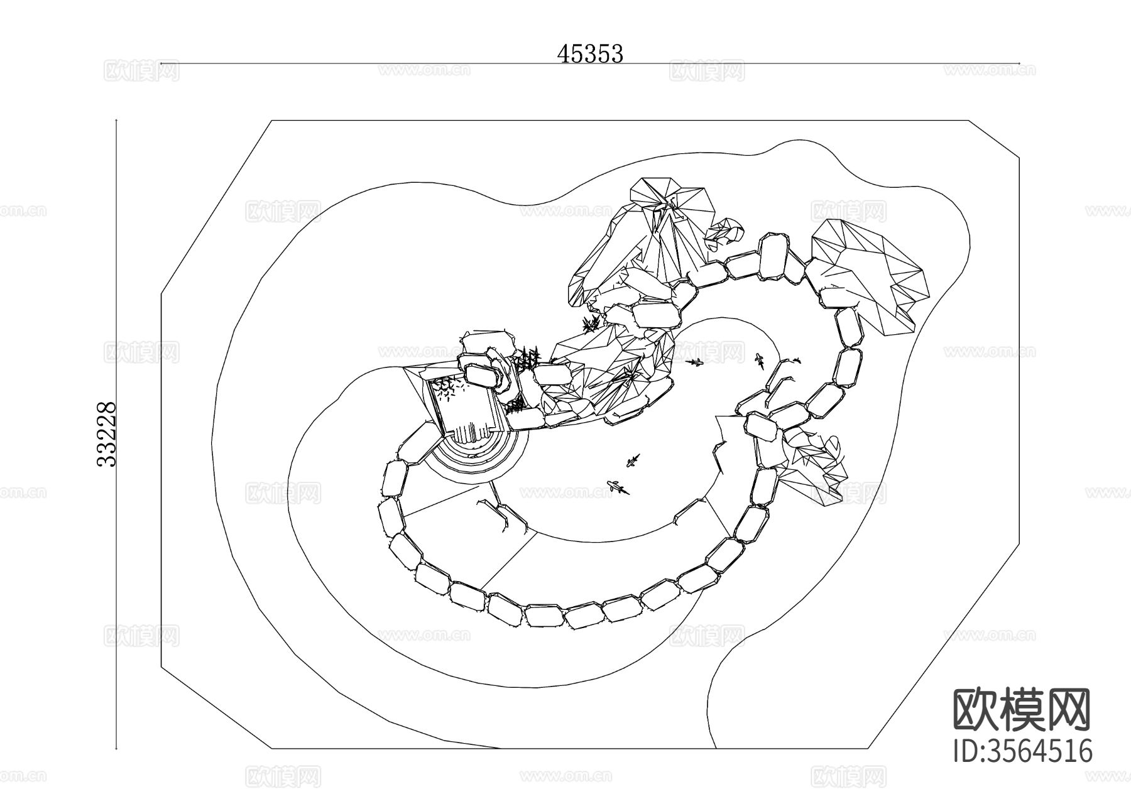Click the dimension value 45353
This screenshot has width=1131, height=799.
coord(590,54)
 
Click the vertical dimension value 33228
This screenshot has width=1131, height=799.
coord(107,434)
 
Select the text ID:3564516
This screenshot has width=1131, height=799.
coord(1023,751)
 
